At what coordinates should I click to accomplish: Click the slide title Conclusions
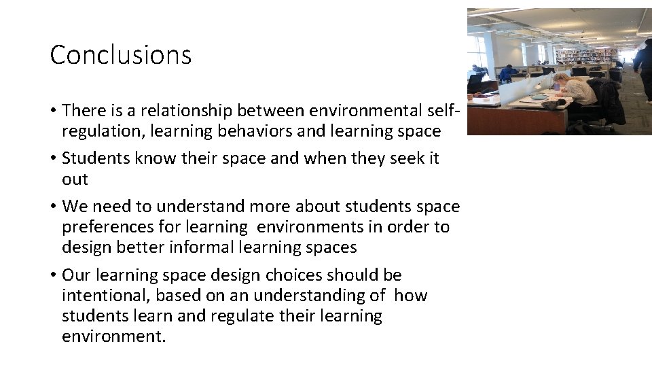click(x=121, y=55)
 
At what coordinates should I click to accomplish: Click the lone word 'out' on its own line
click(x=75, y=179)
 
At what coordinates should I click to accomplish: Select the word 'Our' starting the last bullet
click(x=76, y=275)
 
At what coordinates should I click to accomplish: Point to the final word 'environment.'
click(x=113, y=336)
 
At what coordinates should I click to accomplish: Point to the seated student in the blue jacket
click(x=507, y=73)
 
